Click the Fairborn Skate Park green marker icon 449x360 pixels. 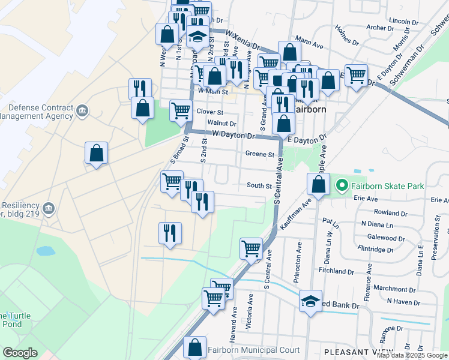[342, 185]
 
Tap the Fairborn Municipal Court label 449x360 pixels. [253, 350]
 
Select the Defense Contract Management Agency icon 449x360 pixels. [82, 111]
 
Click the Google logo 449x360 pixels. [20, 353]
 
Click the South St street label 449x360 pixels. [259, 185]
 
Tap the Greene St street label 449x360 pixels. [259, 154]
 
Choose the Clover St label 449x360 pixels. [210, 112]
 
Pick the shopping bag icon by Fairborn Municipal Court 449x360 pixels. [194, 347]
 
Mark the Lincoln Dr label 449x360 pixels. [403, 21]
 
